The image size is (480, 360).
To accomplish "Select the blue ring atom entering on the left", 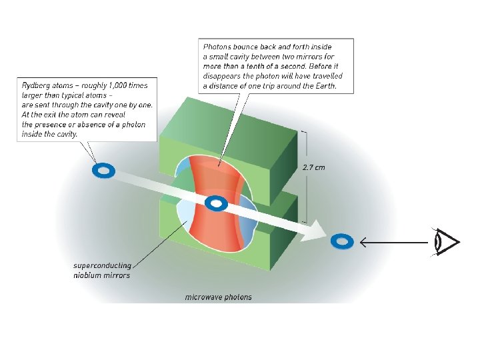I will tap(103, 171).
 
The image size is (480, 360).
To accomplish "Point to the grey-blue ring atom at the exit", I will tap(342, 241).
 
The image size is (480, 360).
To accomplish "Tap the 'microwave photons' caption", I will tap(218, 297).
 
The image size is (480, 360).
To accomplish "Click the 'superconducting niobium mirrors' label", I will tap(101, 270).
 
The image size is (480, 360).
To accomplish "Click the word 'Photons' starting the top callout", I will tap(218, 47).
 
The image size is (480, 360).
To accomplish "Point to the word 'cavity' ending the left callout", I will tap(65, 133).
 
